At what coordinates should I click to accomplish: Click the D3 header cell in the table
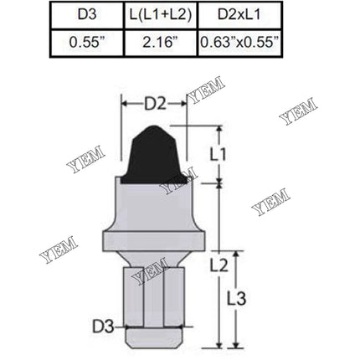88,14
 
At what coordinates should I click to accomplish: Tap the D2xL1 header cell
239,14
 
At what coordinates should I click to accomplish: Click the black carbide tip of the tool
157,155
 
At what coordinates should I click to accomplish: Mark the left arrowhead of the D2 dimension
125,105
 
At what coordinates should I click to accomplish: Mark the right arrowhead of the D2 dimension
187,105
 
